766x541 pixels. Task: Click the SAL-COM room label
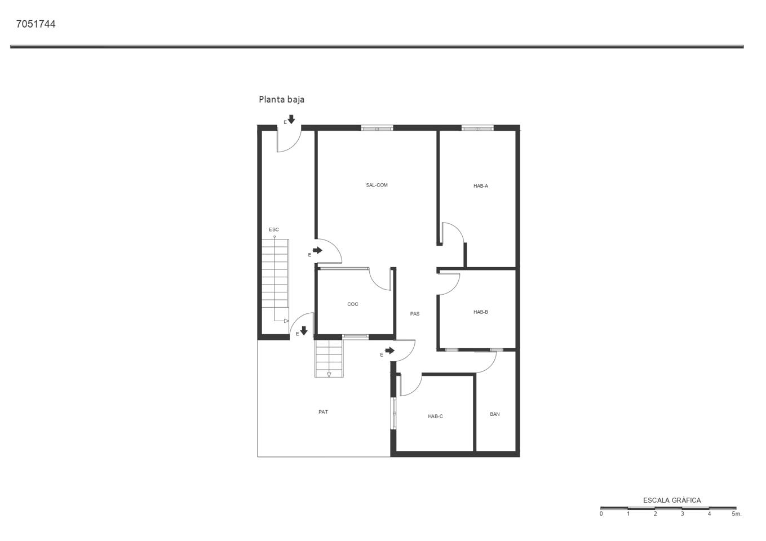[x=377, y=185]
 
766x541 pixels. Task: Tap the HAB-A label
[x=480, y=186]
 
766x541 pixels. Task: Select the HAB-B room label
[x=480, y=312]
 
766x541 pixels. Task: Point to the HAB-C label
[x=435, y=416]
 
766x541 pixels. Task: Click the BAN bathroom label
[x=494, y=414]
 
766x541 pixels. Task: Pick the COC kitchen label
[x=353, y=304]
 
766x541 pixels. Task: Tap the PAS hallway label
[x=414, y=313]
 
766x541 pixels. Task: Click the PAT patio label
[x=323, y=412]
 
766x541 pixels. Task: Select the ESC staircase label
[x=273, y=229]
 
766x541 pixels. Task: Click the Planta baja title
[x=281, y=100]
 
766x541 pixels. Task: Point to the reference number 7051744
[x=36, y=24]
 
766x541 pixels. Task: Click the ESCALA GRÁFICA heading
[x=672, y=500]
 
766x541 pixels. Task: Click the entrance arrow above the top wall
[x=291, y=119]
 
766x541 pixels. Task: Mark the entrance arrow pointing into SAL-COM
[x=318, y=250]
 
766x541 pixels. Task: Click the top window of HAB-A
[x=477, y=128]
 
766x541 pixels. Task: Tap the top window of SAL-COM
[x=377, y=128]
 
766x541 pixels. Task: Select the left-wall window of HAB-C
[x=394, y=414]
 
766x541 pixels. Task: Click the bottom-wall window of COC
[x=356, y=336]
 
